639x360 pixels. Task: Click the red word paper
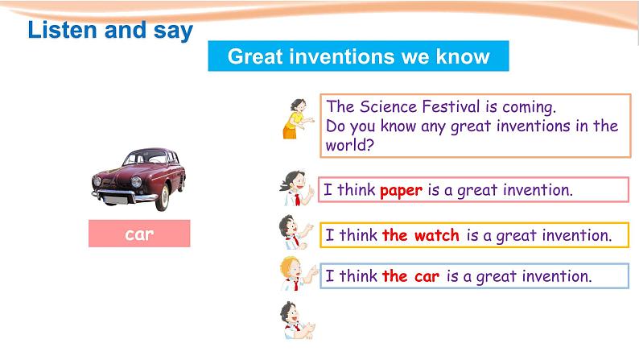coord(401,191)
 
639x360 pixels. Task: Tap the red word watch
coord(436,235)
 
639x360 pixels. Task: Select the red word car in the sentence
coord(427,276)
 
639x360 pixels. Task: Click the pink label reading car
coord(139,234)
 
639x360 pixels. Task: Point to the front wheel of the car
coord(163,198)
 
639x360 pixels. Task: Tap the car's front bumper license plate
coord(116,200)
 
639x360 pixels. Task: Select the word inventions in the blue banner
coord(342,56)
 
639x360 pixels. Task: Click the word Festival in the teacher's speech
coord(451,106)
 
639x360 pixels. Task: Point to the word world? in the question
coord(349,145)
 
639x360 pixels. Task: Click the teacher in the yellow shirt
coord(299,118)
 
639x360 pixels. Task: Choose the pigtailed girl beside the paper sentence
coord(297,188)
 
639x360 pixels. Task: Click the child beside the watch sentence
coord(295,232)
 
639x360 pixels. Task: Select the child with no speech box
coord(297,321)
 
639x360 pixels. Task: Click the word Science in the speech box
coord(389,106)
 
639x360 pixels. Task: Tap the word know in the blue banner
coord(463,56)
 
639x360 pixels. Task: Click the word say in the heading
coord(173,31)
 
